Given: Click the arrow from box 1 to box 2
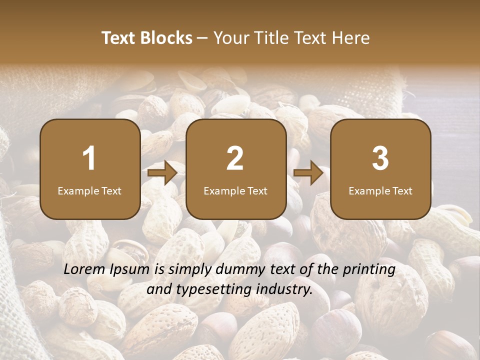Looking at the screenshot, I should coord(162,173).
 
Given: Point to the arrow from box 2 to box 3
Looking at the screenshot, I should coord(308,173).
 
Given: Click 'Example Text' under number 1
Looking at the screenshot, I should coord(89,190).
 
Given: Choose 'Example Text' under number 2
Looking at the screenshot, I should coord(235,190).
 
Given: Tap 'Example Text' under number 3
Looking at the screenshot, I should coord(380,190).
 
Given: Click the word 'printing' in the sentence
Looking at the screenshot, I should coord(368,270).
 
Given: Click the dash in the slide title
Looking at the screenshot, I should coord(203,38).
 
